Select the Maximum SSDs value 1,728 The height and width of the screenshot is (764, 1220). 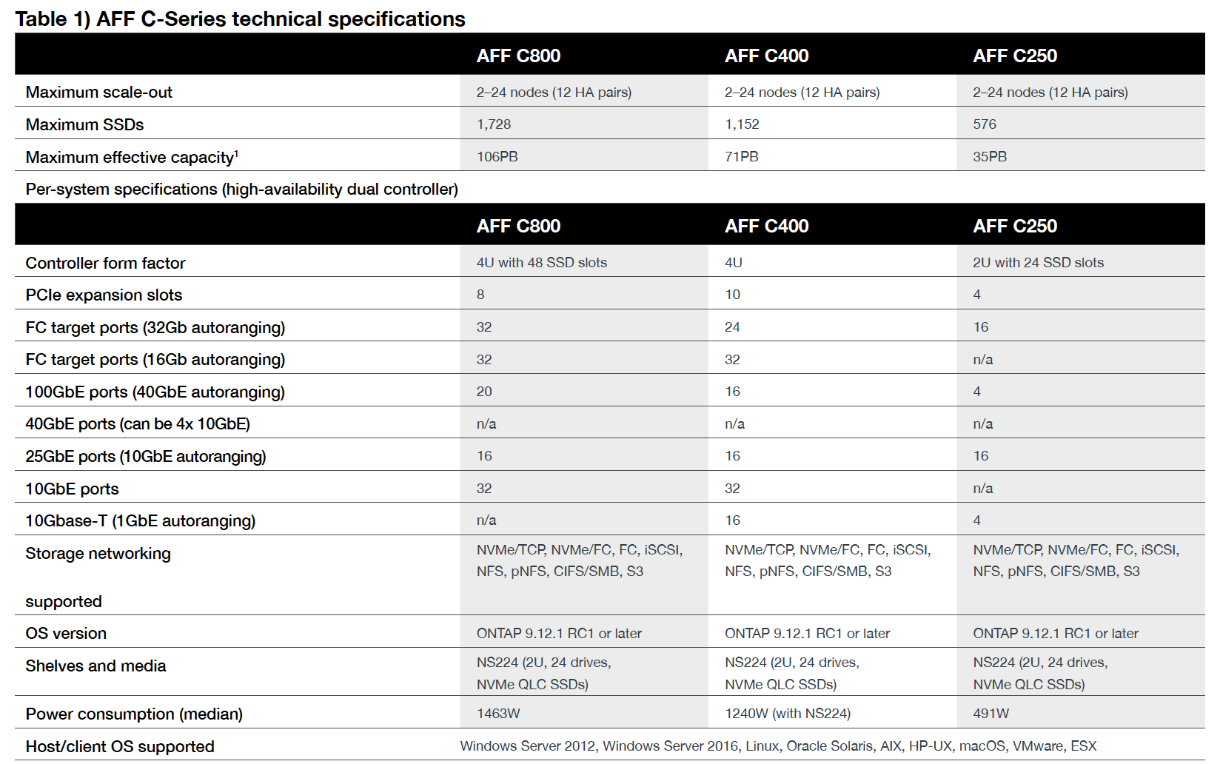tap(494, 124)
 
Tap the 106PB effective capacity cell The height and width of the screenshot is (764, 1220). tap(497, 157)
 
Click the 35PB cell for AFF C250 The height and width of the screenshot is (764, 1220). tap(990, 157)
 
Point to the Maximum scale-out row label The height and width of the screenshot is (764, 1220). tap(98, 93)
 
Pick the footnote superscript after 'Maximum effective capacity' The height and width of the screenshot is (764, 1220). tap(236, 153)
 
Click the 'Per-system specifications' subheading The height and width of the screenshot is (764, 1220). tap(241, 190)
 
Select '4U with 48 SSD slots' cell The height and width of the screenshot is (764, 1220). tap(541, 263)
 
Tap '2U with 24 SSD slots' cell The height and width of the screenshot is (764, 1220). tap(1038, 263)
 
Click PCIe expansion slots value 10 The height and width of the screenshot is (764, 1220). tap(732, 295)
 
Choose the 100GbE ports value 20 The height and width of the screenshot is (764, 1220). tap(484, 392)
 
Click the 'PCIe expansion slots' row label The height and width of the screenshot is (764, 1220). tap(104, 295)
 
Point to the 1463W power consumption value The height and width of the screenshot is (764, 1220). tap(498, 714)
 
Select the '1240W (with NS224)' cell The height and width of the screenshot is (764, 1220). tap(788, 714)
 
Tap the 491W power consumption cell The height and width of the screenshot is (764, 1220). tap(991, 714)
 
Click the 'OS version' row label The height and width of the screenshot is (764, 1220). tap(66, 634)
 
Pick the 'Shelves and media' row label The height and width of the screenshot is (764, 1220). tap(95, 666)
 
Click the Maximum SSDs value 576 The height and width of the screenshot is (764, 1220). tap(985, 124)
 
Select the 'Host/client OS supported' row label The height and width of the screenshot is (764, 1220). tap(120, 747)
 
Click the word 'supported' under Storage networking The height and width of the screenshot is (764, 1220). tap(64, 602)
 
